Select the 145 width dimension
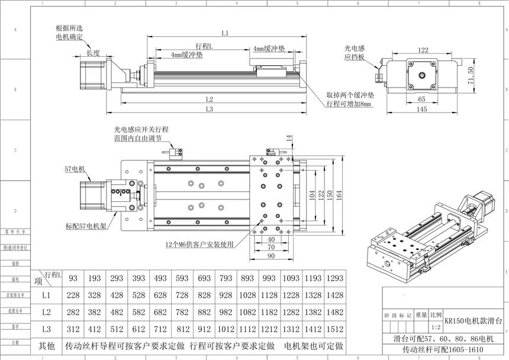tap(422, 109)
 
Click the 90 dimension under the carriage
tap(271, 256)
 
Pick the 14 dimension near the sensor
tap(289, 138)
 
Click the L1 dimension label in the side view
tap(225, 33)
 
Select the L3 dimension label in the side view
tap(209, 109)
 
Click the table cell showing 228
tap(73, 295)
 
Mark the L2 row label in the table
tap(47, 311)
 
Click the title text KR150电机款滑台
tap(473, 320)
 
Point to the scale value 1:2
tap(436, 327)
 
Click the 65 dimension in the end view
tap(422, 99)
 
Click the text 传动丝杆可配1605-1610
tap(443, 351)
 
